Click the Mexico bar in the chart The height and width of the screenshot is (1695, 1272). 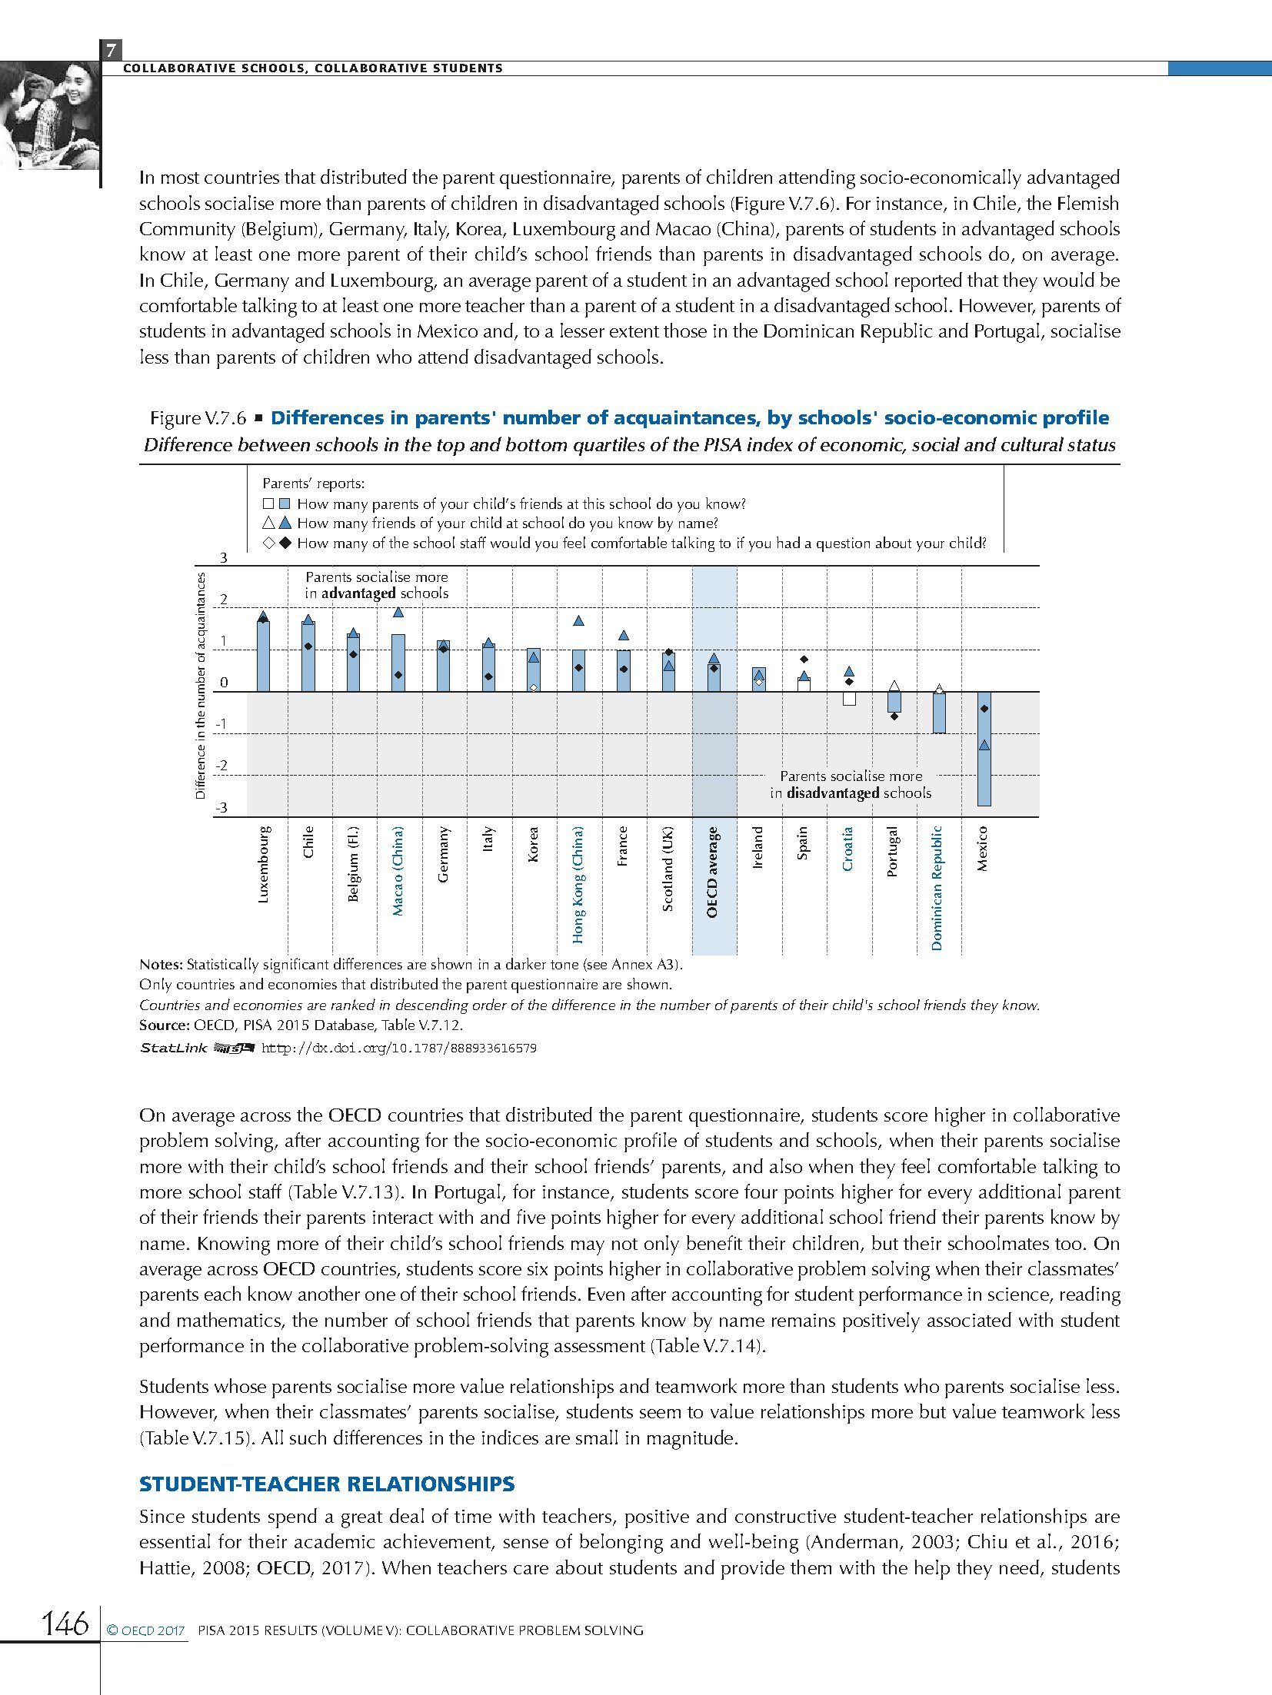(984, 749)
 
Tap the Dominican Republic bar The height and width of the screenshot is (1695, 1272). (939, 713)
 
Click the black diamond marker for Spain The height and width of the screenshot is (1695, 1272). (804, 660)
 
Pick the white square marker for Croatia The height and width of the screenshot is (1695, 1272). (849, 699)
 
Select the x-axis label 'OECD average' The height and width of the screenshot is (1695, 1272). (712, 872)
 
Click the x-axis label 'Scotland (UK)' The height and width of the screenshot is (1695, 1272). (668, 869)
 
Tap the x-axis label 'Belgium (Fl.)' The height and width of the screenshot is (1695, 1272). (354, 864)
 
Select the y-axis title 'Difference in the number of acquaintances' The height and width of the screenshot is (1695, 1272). (201, 686)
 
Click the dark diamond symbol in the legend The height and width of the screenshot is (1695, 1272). (285, 543)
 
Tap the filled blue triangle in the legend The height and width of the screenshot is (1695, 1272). (285, 523)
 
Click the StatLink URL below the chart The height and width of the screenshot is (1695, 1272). (399, 1048)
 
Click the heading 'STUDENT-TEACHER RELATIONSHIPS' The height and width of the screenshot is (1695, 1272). (327, 1484)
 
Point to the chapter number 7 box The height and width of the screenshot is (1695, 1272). (111, 51)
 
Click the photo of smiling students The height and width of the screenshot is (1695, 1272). (50, 115)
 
